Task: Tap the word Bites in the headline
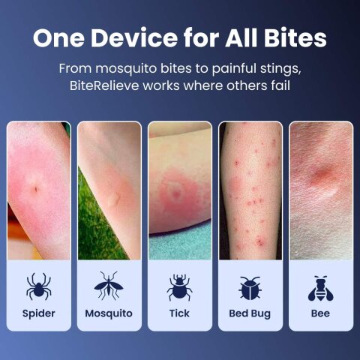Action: (295, 38)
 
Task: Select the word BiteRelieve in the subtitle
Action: (104, 85)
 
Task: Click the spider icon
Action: (39, 286)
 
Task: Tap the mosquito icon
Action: (109, 286)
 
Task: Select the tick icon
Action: (179, 287)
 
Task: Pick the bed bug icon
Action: (250, 288)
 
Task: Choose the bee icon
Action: (321, 288)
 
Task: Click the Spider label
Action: (39, 314)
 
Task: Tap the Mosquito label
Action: (109, 313)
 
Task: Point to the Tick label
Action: (179, 313)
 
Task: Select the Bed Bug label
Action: (250, 314)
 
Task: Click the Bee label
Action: (320, 313)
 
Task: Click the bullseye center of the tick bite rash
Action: (176, 193)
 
